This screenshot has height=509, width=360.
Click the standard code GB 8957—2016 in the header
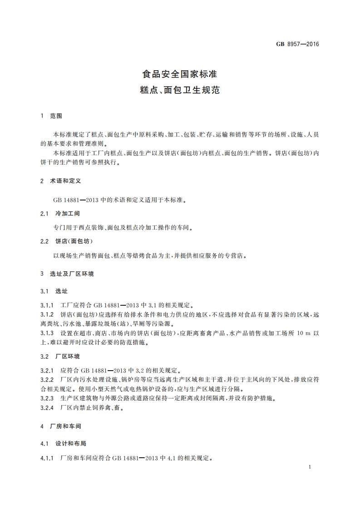[x=297, y=44]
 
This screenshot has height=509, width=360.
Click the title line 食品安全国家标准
[x=180, y=74]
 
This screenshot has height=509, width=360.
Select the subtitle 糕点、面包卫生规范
[x=180, y=90]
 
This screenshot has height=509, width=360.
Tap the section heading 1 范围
[x=51, y=116]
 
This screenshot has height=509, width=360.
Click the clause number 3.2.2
[x=47, y=379]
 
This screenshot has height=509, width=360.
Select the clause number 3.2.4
[x=47, y=408]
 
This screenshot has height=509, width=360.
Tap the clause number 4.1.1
[x=47, y=459]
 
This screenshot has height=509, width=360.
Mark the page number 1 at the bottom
[x=309, y=467]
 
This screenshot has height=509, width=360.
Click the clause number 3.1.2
[x=47, y=314]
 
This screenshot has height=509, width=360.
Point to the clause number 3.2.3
[x=47, y=398]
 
